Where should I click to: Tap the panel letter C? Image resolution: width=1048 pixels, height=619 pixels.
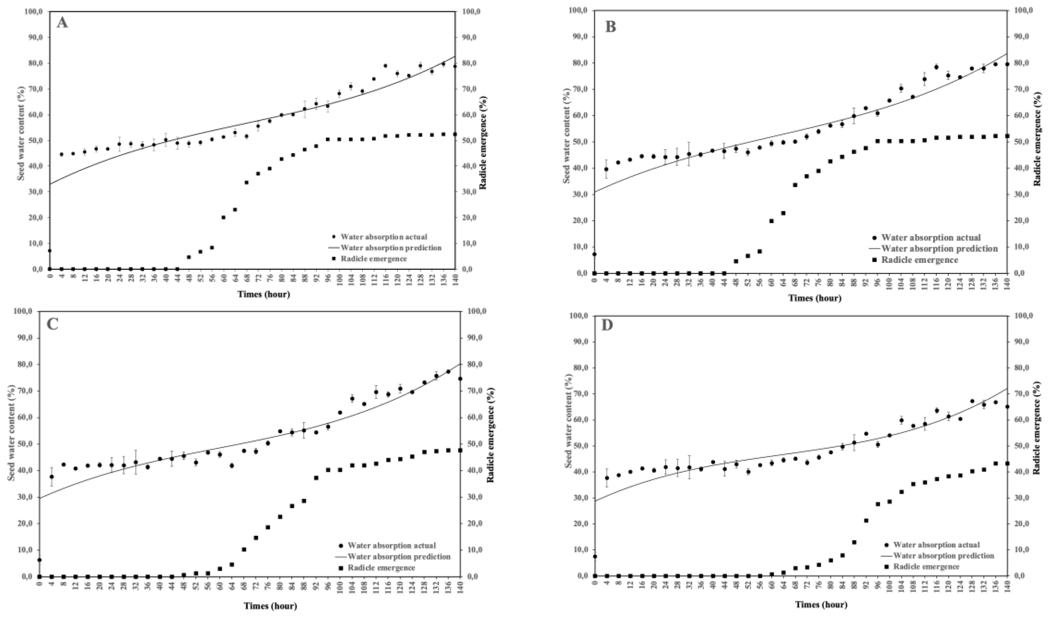tap(52, 324)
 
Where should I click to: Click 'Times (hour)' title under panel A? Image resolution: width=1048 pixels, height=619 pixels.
tap(264, 294)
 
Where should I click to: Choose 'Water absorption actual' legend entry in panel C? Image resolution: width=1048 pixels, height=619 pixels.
tap(391, 545)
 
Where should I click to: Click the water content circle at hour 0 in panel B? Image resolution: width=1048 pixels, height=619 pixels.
tap(595, 254)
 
